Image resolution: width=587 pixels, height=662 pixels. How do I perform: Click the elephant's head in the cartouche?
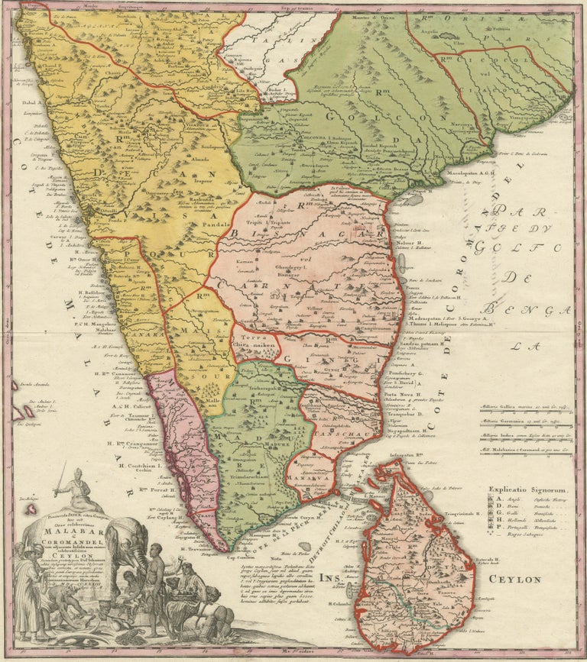[x=131, y=534]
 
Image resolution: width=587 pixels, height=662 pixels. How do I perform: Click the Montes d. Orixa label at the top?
[x=367, y=17]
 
